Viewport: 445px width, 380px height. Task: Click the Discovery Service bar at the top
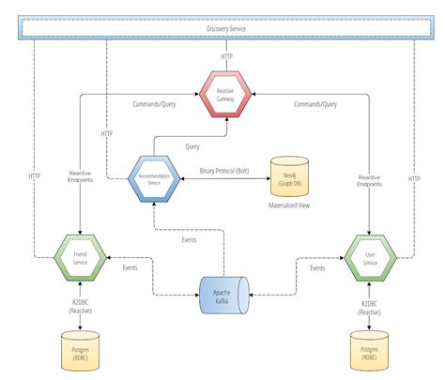[222, 29]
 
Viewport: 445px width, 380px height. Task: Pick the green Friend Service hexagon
[80, 256]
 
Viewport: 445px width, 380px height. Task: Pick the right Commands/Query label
[316, 104]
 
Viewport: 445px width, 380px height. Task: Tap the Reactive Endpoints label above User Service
[368, 180]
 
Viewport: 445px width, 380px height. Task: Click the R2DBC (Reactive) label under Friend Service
[81, 307]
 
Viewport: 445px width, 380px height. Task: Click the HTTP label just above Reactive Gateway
[226, 56]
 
